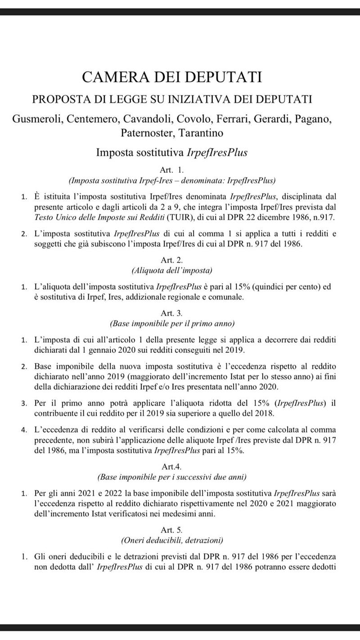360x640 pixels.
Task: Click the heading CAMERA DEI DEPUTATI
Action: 171,77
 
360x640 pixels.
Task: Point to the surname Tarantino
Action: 201,133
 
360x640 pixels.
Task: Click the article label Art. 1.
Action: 171,170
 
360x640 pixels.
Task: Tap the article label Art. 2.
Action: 171,260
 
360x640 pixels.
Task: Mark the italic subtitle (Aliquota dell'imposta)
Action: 171,270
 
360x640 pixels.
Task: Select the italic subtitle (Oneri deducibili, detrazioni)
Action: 171,540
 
